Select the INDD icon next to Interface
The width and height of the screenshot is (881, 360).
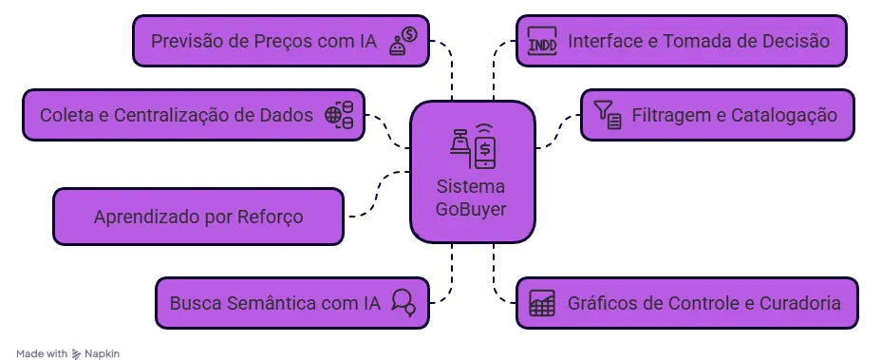[542, 42]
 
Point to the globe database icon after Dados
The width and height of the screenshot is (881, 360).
[339, 115]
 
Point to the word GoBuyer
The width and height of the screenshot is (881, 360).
[471, 208]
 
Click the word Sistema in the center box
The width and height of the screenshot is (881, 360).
[471, 186]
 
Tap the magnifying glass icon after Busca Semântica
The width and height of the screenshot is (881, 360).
[403, 303]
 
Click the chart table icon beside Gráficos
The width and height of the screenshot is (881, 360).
[542, 303]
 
